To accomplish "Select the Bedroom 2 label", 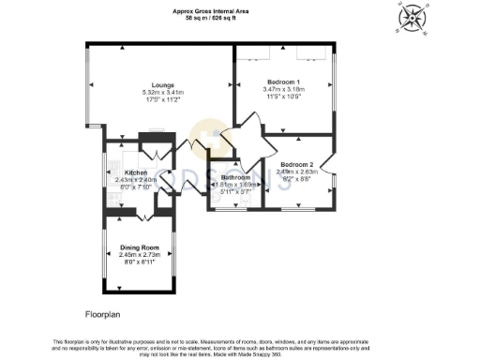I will click(x=296, y=163).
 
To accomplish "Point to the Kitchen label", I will click(x=137, y=173).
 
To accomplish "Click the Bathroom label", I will click(x=235, y=177).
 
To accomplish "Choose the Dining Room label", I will click(x=141, y=247).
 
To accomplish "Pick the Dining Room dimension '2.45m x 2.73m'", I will click(x=141, y=255).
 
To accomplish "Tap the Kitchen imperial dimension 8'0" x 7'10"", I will click(x=137, y=187).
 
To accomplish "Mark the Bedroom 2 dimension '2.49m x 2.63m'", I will click(x=296, y=171).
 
